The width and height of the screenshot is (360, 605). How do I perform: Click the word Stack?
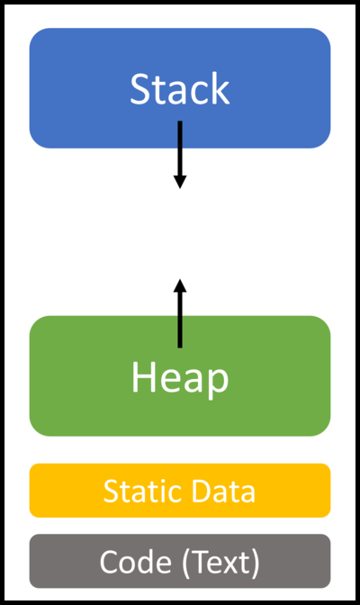(180, 89)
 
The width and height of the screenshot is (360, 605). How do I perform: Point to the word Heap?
(180, 378)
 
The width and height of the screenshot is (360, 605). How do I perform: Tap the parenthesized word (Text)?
(220, 563)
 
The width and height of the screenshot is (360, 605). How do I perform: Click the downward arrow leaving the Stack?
(180, 149)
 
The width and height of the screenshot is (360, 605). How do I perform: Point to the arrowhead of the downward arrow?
(180, 181)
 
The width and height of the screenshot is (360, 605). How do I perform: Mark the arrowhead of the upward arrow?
(180, 285)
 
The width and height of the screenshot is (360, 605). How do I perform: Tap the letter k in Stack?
(220, 89)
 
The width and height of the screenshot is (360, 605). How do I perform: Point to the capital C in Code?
(109, 563)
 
